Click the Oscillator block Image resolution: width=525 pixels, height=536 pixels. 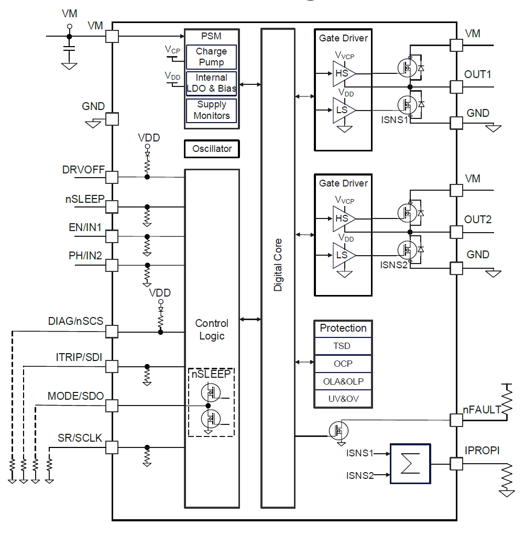click(212, 149)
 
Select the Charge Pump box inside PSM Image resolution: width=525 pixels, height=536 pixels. click(211, 57)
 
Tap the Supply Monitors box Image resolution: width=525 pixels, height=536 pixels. click(211, 110)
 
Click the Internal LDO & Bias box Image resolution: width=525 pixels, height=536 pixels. click(211, 83)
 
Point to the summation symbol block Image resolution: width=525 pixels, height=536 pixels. click(410, 464)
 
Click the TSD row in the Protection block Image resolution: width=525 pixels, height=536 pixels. click(343, 346)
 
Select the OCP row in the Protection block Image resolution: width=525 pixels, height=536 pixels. click(343, 364)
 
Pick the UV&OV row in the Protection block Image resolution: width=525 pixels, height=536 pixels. click(343, 399)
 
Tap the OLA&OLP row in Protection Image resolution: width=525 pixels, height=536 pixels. click(343, 381)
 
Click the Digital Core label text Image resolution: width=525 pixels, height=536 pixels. click(278, 265)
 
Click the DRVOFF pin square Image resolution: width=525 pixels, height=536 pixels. click(112, 178)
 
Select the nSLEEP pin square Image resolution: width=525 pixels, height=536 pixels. click(112, 207)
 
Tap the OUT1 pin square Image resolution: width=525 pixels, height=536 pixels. click(456, 87)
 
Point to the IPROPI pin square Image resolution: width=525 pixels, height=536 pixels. click(456, 464)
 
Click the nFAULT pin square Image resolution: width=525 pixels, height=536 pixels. click(456, 420)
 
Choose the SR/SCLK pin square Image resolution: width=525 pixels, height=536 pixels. click(112, 447)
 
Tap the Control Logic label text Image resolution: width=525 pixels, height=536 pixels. click(212, 330)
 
